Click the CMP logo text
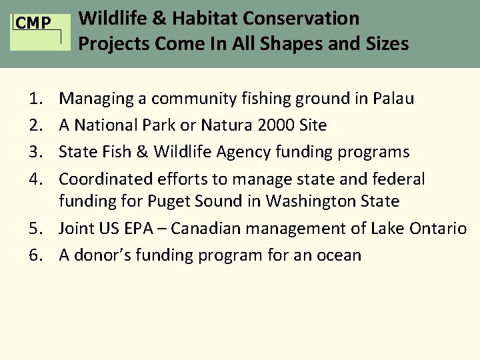pyautogui.click(x=33, y=24)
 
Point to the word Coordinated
pyautogui.click(x=103, y=179)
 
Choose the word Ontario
pyautogui.click(x=438, y=229)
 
